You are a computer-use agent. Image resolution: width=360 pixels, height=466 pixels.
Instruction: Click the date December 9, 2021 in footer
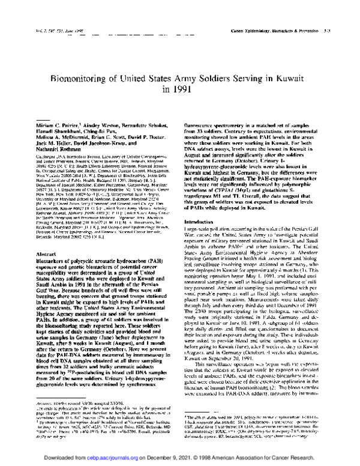tap(185, 457)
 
